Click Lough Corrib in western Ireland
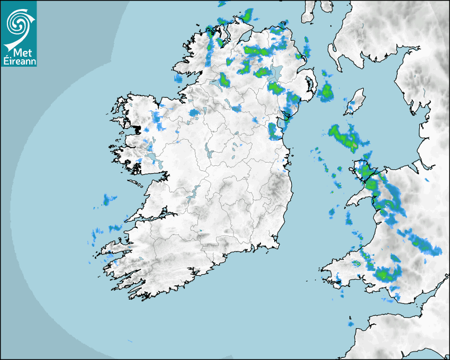tap(151, 157)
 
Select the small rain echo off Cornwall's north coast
tap(350, 323)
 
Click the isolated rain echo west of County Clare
tap(110, 199)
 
